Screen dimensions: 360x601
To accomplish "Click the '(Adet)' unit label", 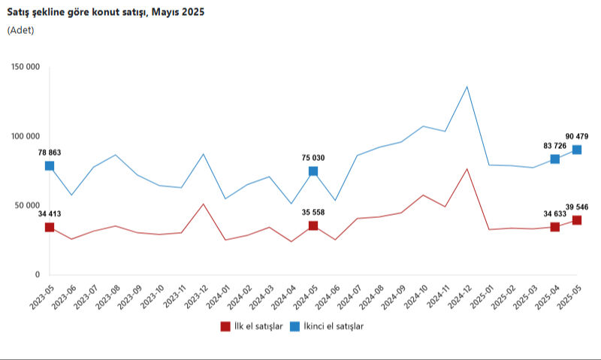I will [20, 30].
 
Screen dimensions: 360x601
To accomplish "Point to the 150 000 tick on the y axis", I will [26, 67].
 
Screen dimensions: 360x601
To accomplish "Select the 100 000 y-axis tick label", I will [26, 136].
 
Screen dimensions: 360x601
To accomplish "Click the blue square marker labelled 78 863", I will [50, 166].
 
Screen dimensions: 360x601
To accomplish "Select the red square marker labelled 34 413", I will [50, 227].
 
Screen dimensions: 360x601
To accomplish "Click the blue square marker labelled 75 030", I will [313, 171].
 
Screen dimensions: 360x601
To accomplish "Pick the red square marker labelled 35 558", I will [313, 225].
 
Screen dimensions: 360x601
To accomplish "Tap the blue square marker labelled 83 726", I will [555, 159].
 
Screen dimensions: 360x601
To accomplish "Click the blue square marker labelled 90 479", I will [577, 150].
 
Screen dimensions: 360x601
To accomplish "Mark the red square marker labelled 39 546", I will [577, 220].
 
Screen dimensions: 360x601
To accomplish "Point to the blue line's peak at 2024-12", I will [467, 86].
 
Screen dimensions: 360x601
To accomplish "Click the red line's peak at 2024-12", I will [467, 168].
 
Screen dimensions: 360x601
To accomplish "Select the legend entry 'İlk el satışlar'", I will [251, 326].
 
